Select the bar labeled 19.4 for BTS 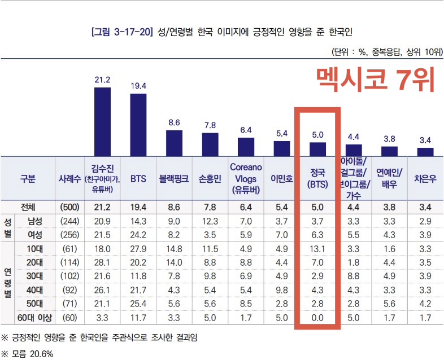coord(138,124)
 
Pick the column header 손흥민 coord(210,178)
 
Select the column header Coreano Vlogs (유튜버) coord(246,178)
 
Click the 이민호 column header coord(281,178)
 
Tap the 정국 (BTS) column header coord(317,178)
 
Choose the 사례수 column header coord(69,178)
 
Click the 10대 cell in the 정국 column coord(317,248)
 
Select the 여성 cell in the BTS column coord(138,233)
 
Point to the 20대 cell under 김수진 coord(102,262)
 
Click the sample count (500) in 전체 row coord(69,207)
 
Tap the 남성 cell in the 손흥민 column coord(210,220)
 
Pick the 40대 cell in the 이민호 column coord(281,290)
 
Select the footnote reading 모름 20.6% coord(31,354)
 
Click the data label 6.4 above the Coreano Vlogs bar coord(246,130)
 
